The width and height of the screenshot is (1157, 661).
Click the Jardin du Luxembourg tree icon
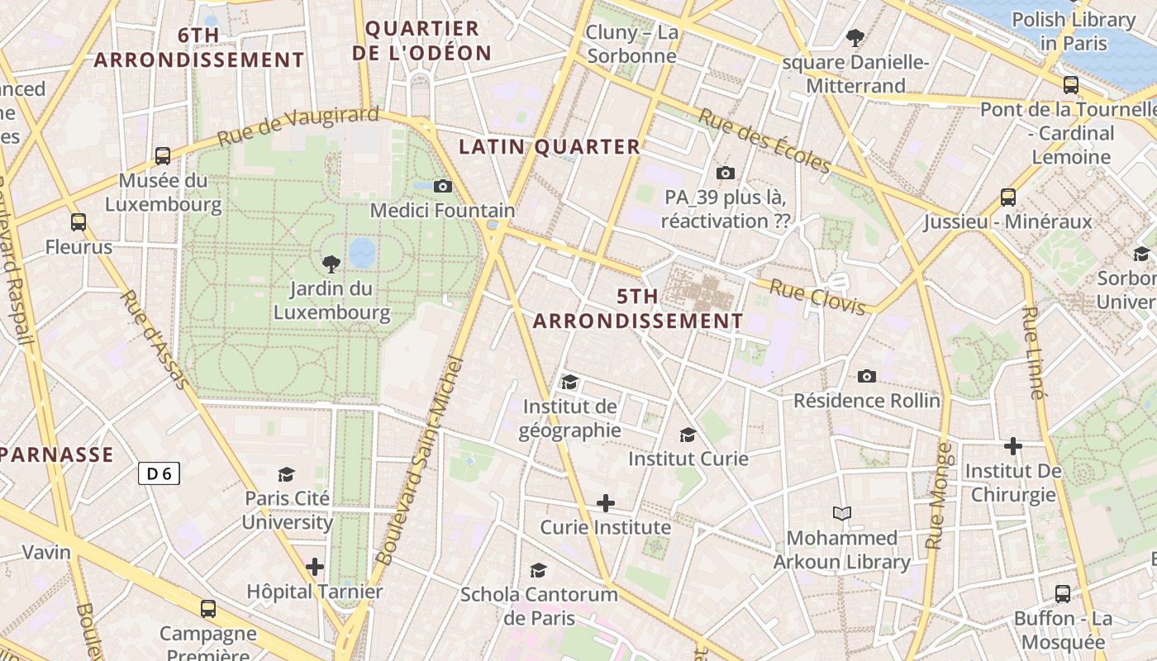331,264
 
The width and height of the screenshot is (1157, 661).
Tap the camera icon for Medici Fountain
443,186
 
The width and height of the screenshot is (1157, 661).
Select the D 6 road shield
159,473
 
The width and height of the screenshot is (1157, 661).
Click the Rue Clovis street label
817,297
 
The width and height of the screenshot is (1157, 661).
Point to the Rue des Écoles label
764,140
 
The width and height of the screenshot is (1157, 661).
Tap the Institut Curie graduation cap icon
688,435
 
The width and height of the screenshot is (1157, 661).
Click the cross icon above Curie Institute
606,502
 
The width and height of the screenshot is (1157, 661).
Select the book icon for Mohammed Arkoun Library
842,514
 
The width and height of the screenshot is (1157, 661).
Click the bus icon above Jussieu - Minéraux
1008,197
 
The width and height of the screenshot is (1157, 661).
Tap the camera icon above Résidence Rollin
867,376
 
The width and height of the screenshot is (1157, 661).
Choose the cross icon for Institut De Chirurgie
1013,446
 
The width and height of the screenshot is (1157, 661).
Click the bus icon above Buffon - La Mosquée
1063,593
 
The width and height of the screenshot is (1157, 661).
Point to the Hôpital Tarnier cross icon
315,567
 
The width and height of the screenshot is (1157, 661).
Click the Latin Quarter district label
550,147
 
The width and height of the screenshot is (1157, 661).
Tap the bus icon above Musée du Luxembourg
163,155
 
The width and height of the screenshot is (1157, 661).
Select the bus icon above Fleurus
79,221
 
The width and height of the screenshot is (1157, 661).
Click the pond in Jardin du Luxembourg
362,253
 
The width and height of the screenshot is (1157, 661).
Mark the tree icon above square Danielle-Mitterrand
855,37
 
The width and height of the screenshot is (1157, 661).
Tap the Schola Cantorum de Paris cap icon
539,570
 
